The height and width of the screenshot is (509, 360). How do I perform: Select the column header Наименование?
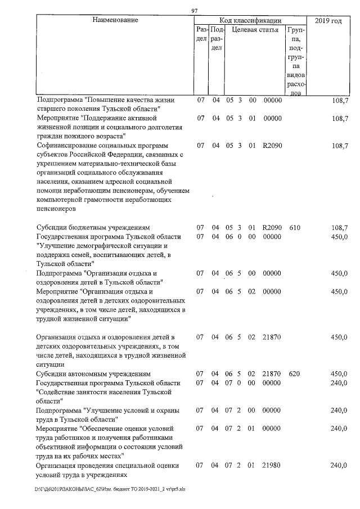[x=115, y=20]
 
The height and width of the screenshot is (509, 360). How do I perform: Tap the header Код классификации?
[x=250, y=20]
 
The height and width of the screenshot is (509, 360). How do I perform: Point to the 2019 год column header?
[x=328, y=21]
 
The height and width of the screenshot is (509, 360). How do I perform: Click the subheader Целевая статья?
[x=255, y=30]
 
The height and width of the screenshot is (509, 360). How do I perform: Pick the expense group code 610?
[x=295, y=228]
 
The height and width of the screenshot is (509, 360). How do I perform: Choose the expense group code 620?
[x=295, y=373]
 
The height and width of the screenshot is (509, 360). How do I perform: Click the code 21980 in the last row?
[x=272, y=466]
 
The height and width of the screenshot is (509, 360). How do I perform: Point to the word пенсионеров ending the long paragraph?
[x=55, y=208]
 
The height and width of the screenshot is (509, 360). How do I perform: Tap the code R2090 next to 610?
[x=272, y=228]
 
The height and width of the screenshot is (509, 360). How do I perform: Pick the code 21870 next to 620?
[x=272, y=373]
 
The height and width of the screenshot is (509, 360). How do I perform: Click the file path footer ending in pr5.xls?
[x=110, y=489]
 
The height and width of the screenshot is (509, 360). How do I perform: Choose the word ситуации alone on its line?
[x=49, y=364]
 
